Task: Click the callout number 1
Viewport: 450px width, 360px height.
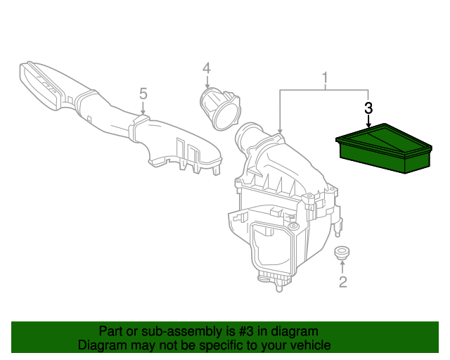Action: point(325,78)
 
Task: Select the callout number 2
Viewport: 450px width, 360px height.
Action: point(343,282)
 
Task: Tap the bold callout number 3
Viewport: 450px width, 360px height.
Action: point(368,108)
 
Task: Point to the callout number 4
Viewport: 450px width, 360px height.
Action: point(207,68)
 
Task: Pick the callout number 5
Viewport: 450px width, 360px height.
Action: point(143,94)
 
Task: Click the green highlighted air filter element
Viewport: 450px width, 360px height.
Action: point(384,148)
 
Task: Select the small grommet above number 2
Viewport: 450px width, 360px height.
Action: point(342,253)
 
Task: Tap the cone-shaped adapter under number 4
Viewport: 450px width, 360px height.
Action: point(220,109)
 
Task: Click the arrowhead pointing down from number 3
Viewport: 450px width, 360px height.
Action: point(368,125)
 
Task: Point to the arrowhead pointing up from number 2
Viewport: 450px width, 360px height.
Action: point(342,262)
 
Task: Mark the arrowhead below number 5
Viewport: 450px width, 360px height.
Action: point(143,112)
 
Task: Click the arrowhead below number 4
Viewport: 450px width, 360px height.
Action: point(207,85)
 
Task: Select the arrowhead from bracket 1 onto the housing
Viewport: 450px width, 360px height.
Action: point(280,131)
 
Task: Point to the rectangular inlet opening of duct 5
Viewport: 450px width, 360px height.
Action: point(39,85)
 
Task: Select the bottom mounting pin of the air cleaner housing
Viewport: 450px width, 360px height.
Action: point(278,287)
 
